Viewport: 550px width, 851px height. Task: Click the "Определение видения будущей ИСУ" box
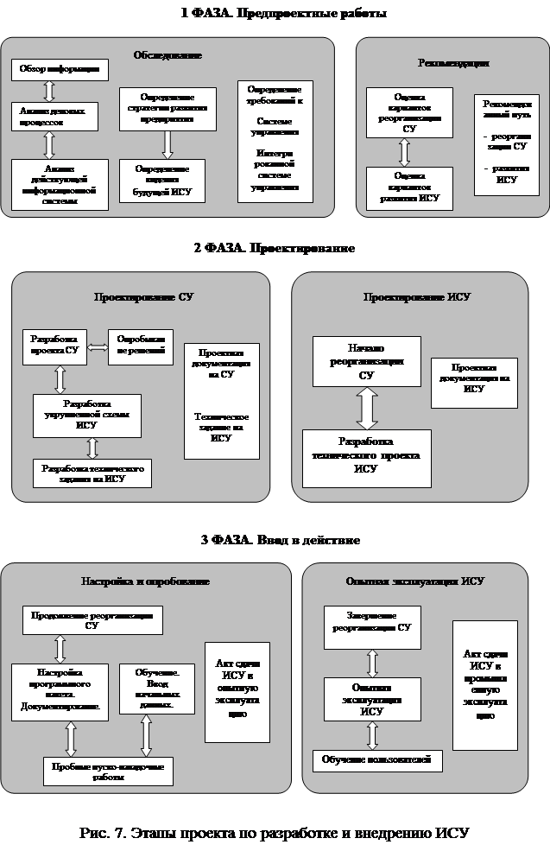coord(162,181)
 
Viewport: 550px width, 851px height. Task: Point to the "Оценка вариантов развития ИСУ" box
coord(408,187)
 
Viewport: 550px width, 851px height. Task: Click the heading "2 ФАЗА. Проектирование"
coord(274,249)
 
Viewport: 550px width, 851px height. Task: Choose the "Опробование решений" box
coord(141,346)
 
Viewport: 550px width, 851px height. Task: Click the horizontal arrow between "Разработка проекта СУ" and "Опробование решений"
coord(97,347)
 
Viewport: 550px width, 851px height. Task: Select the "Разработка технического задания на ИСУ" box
coord(92,473)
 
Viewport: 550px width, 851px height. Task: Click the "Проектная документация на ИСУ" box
coord(474,383)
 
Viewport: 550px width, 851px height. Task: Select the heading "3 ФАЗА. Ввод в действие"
coord(280,539)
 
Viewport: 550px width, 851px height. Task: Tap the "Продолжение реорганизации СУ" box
coord(92,620)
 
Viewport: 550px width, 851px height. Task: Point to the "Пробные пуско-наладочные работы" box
coord(109,770)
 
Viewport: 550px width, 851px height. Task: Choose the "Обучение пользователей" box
coord(378,760)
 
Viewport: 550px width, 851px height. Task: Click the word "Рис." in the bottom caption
coord(95,834)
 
